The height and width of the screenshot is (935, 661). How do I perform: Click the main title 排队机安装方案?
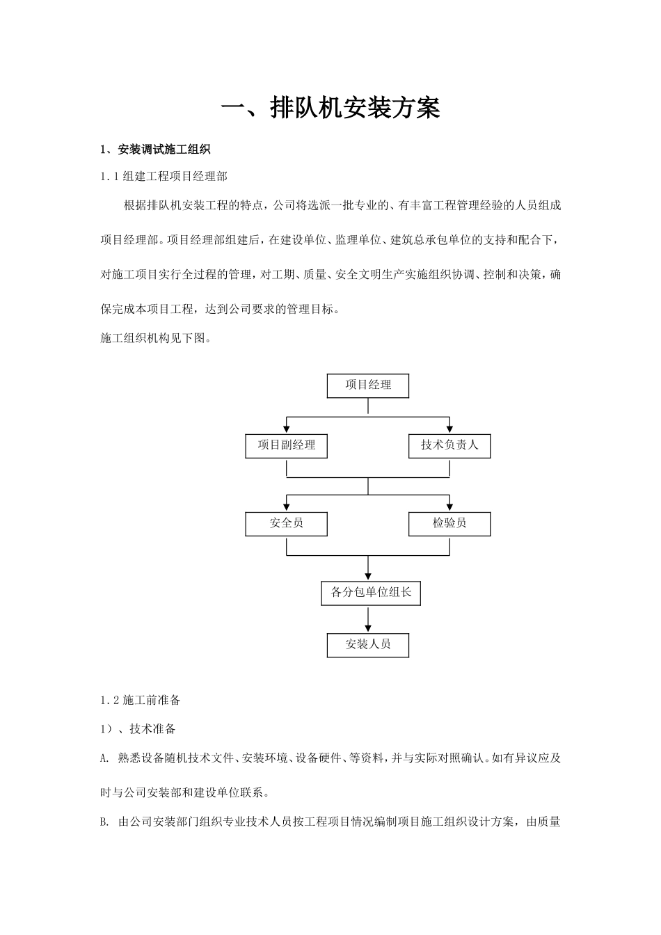coord(330,109)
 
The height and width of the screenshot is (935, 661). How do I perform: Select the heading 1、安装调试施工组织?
coord(155,150)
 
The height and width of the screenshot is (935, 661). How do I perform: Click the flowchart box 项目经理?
coord(368,385)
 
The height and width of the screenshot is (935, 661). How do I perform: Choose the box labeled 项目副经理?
coord(286,446)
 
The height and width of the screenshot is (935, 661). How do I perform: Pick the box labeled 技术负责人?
coord(449,446)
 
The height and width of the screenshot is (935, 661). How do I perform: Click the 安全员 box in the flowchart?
coord(286,524)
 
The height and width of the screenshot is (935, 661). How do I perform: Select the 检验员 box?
coord(449,524)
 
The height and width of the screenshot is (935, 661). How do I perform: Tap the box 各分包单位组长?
coord(371,593)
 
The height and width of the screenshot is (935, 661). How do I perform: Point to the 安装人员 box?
coord(368,645)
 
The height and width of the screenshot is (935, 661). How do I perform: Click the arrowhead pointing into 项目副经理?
coord(287,429)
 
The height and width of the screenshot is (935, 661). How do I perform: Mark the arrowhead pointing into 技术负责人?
coord(450,429)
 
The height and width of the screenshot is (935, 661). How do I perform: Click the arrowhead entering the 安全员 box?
coord(287,507)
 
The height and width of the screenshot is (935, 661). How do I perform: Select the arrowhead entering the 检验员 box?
coord(450,507)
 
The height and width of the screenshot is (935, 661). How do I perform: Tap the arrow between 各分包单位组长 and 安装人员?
coord(368,619)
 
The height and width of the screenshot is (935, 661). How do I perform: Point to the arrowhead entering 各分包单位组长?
coord(368,576)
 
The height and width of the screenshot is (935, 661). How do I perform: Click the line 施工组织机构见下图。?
coord(155,339)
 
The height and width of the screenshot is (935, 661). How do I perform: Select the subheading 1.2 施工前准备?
coord(141,700)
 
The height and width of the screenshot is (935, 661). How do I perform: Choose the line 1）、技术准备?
coord(138,729)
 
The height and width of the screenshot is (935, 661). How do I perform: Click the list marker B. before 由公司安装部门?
coord(105,822)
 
